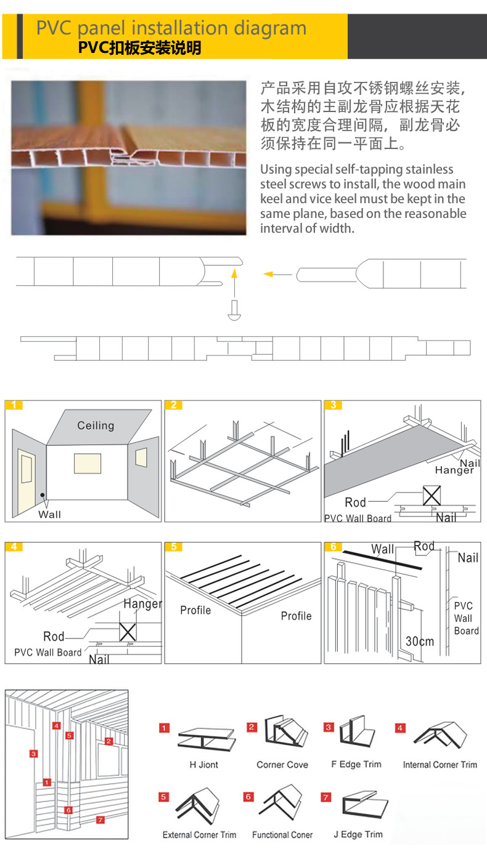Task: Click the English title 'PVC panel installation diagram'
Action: pos(171,28)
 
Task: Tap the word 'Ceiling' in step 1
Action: pos(96,425)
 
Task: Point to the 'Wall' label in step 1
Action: pos(50,515)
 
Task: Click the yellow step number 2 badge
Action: pos(174,405)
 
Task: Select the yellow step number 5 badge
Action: pos(174,547)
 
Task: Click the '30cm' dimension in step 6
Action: pos(420,642)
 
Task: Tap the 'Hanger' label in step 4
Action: pos(142,604)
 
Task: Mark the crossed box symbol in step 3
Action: pos(432,496)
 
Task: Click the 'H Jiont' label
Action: pos(204,765)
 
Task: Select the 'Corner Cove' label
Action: pos(282,765)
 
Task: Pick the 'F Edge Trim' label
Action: pos(356,764)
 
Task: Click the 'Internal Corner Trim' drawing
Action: pos(440,736)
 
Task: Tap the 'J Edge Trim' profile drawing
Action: pos(365,804)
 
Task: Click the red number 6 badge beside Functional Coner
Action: pos(248,797)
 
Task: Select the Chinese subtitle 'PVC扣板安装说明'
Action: pos(139,48)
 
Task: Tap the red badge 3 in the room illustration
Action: pos(34,754)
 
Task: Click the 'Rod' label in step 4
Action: pos(54,637)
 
